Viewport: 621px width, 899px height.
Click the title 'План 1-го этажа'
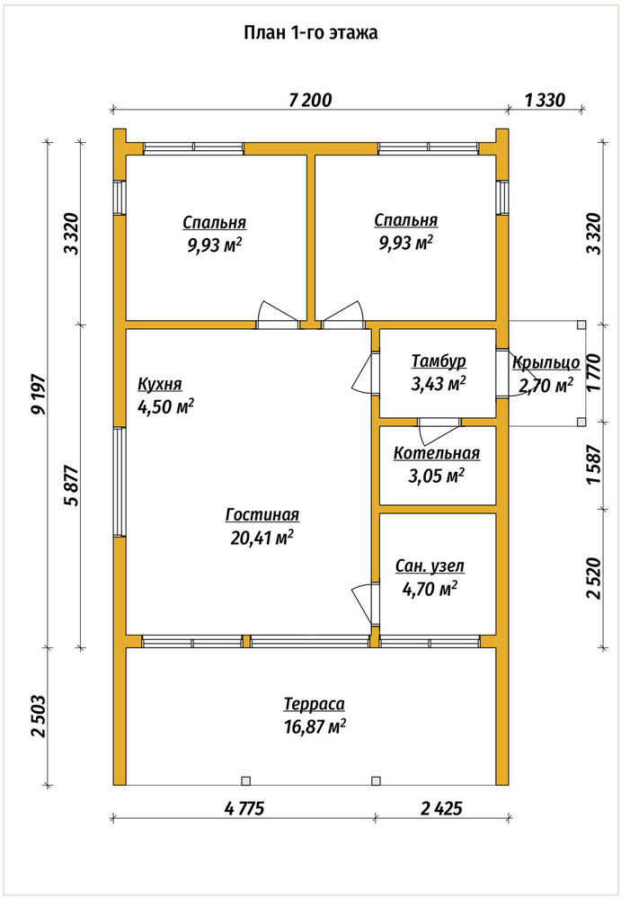click(x=311, y=33)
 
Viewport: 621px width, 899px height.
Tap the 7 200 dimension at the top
click(x=310, y=101)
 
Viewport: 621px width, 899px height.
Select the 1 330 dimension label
click(x=545, y=101)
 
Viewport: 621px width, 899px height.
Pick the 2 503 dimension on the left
click(x=39, y=717)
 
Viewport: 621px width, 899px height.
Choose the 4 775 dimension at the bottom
click(x=244, y=808)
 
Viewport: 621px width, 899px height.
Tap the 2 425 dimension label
click(x=441, y=808)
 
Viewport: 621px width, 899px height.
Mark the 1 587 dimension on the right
click(x=594, y=465)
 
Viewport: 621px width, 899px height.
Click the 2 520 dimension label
click(x=594, y=578)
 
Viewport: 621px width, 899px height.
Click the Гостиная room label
click(x=262, y=515)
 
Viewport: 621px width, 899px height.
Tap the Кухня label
click(x=160, y=384)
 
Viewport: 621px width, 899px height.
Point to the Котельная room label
click(x=437, y=453)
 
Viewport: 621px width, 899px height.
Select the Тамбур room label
click(x=439, y=361)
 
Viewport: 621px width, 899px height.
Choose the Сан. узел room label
click(x=430, y=566)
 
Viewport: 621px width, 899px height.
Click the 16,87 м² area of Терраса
click(x=315, y=726)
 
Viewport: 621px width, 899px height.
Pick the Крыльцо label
click(x=546, y=363)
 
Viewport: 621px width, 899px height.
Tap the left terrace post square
click(x=246, y=780)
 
